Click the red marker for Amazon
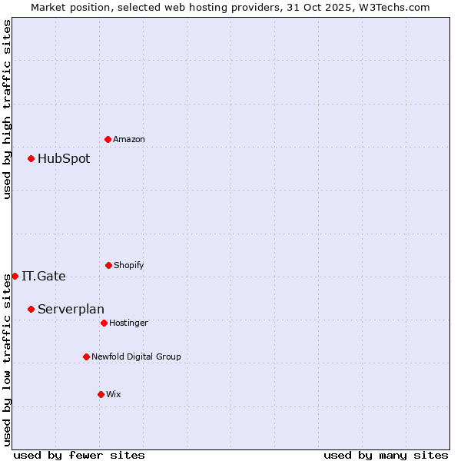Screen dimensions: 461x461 click(x=108, y=139)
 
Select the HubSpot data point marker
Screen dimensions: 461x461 click(x=31, y=159)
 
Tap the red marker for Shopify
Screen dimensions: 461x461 click(x=108, y=265)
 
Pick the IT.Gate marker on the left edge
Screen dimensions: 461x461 click(x=15, y=276)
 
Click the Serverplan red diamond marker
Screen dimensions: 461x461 click(x=31, y=309)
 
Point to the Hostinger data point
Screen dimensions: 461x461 click(x=104, y=323)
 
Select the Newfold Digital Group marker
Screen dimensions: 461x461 click(x=86, y=357)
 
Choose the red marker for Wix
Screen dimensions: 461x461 click(x=101, y=394)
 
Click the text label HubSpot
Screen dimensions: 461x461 click(x=64, y=159)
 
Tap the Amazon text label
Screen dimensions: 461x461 click(x=129, y=139)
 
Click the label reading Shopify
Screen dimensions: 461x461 click(x=129, y=265)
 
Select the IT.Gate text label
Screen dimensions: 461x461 click(x=44, y=277)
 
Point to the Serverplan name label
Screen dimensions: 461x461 click(x=71, y=310)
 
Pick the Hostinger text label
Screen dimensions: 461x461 click(x=128, y=323)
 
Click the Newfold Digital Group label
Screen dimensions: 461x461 click(x=136, y=357)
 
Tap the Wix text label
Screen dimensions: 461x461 click(x=114, y=394)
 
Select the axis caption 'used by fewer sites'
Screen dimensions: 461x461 click(x=79, y=455)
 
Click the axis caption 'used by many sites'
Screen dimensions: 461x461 click(x=386, y=455)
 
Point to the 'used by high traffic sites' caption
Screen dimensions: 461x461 click(x=7, y=109)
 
